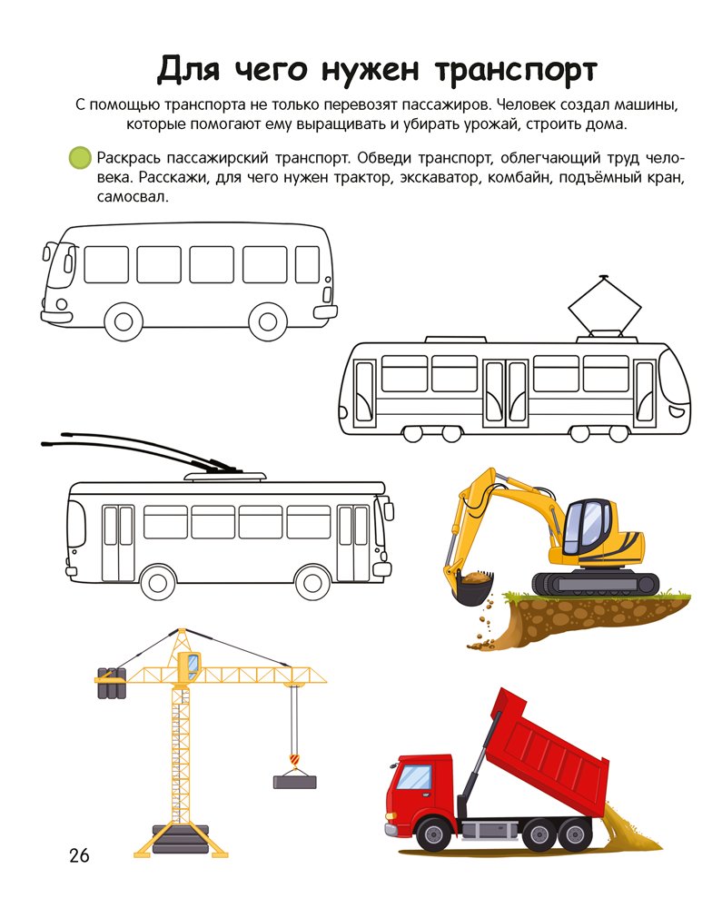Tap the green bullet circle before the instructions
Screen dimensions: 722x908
[x=80, y=157]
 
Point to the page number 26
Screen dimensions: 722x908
[x=79, y=855]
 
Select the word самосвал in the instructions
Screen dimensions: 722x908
[x=133, y=197]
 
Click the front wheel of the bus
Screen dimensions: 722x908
[x=124, y=322]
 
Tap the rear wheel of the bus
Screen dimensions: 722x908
[x=268, y=321]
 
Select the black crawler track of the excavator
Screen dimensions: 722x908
[x=595, y=583]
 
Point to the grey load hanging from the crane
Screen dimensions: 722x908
[x=295, y=782]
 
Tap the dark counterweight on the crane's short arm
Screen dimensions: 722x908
[x=111, y=684]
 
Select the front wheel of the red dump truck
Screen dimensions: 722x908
[x=434, y=834]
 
